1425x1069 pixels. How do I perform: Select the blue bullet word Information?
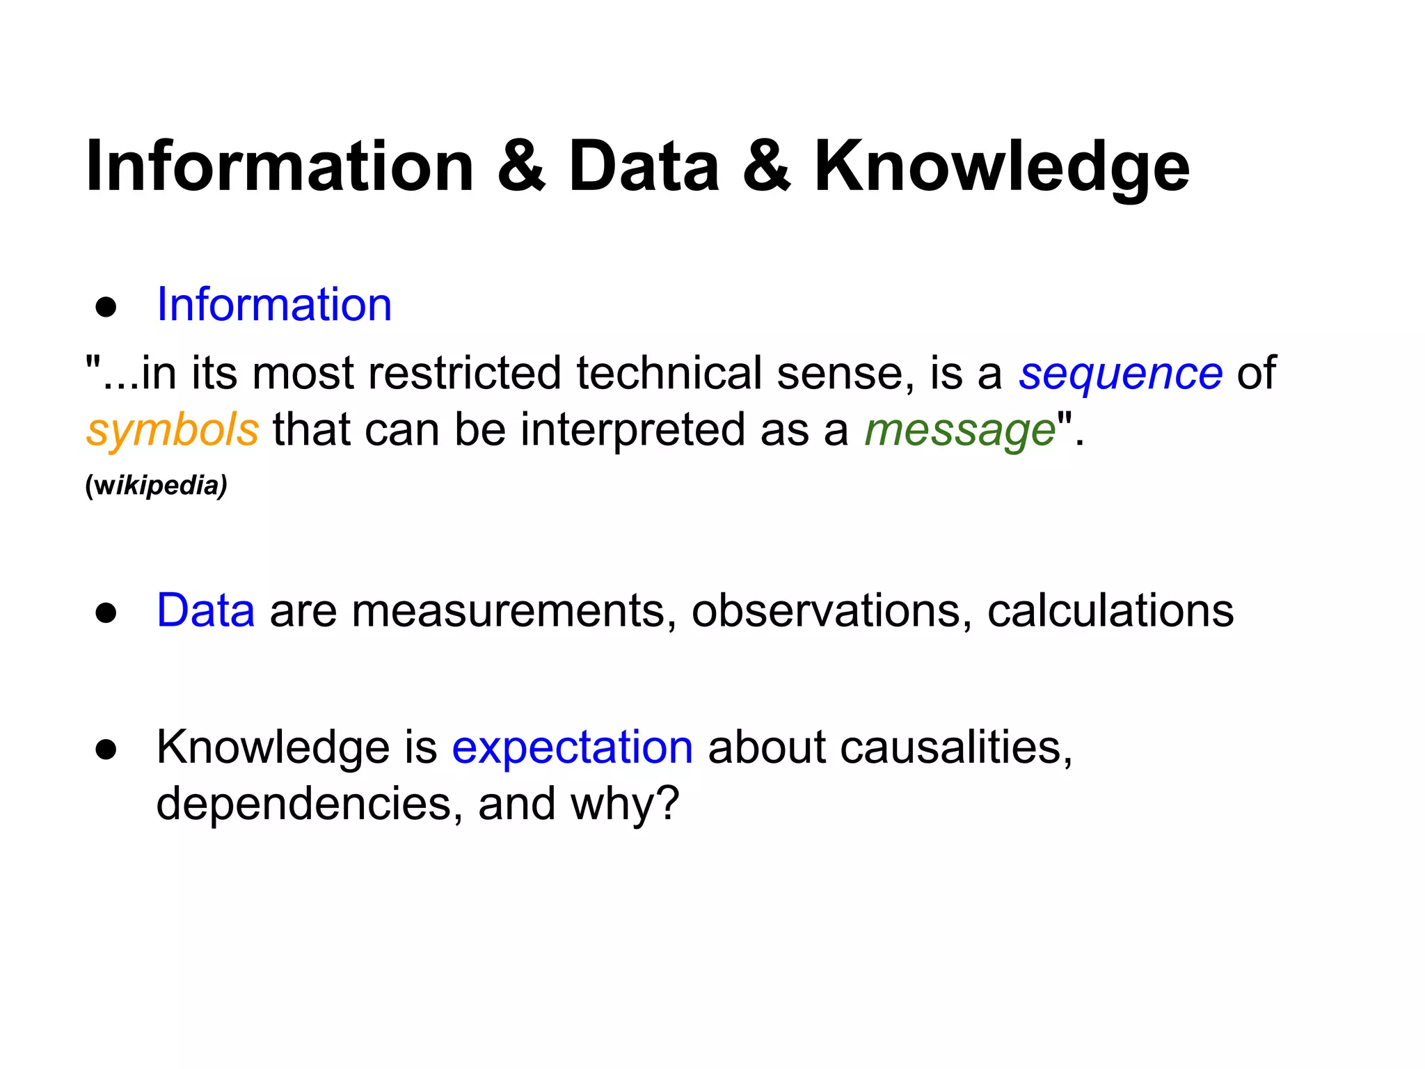point(274,305)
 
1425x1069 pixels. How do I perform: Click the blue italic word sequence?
point(1120,374)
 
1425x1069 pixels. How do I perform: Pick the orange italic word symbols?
point(173,429)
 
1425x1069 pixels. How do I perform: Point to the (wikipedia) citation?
point(156,485)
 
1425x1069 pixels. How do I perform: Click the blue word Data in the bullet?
point(205,610)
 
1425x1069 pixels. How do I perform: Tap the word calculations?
point(1110,611)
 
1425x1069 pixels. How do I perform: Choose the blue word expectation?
point(572,747)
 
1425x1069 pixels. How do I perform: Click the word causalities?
point(956,747)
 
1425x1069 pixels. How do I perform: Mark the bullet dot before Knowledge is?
point(106,750)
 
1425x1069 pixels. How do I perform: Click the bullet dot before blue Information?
point(106,307)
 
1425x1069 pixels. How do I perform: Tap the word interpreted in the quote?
point(632,429)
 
